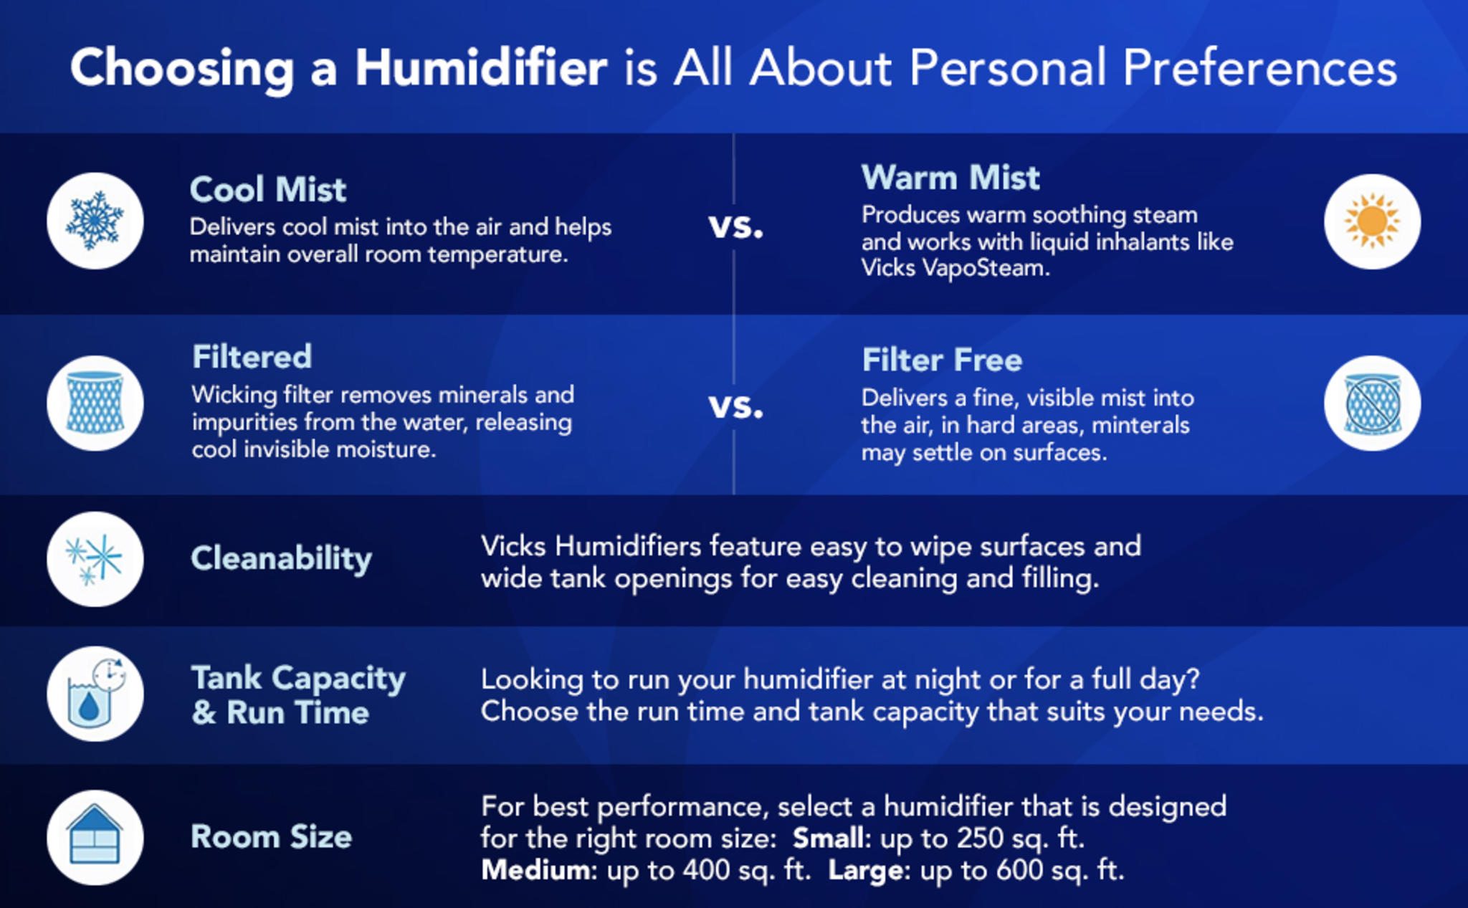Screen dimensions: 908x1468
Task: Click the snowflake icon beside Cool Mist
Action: pos(95,221)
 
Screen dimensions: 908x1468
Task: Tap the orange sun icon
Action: pos(1372,221)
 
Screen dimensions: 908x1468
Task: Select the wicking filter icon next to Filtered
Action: pos(95,403)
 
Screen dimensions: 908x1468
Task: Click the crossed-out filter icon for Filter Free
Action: pos(1372,403)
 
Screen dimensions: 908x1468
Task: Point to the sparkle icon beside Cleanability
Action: pos(95,559)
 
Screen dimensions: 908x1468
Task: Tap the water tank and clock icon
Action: pos(95,694)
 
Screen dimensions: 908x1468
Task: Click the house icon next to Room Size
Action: pos(95,837)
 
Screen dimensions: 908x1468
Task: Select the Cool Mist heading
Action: pos(268,190)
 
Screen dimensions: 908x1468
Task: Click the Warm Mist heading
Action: pos(950,178)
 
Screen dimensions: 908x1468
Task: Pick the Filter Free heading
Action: pos(942,360)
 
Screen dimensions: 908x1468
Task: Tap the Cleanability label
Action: pos(281,559)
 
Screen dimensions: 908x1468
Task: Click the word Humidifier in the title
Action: pos(481,68)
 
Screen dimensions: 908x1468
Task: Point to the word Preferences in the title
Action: pos(1259,68)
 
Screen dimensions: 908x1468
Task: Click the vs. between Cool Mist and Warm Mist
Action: pos(735,226)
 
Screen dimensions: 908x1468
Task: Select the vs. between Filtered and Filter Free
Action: pos(735,407)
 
